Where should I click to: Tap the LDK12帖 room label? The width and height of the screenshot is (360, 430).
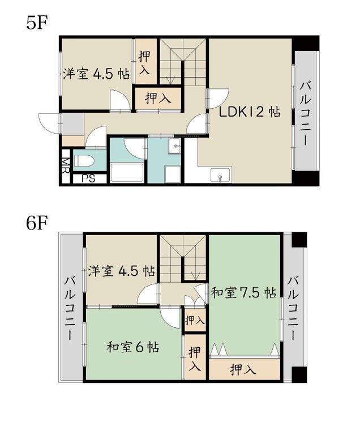point(250,112)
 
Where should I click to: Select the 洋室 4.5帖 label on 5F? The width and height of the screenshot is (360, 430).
point(96,74)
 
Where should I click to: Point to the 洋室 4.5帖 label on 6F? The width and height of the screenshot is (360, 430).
point(122,271)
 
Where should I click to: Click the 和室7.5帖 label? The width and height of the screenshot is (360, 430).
point(243,293)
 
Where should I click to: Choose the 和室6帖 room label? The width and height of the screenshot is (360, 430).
point(132,346)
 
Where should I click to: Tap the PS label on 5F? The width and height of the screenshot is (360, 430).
point(88,178)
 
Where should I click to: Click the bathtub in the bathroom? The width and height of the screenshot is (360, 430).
point(126,172)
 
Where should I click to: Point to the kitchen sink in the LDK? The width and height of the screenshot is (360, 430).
point(220,175)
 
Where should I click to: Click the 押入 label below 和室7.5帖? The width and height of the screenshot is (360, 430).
point(244,371)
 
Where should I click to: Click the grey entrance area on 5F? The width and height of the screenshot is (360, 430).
point(72,123)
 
